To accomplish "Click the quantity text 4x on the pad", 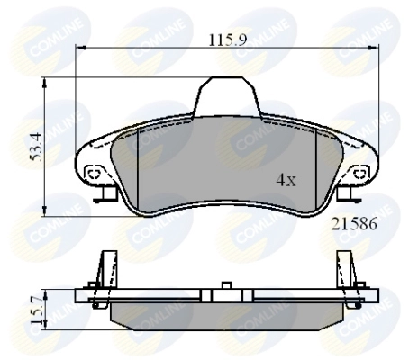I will click(286, 180).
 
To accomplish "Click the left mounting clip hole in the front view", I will click(92, 173).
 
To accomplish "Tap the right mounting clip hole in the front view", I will click(357, 171).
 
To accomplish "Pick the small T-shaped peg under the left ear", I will click(105, 193).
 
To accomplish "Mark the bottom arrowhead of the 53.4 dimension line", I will click(46, 209).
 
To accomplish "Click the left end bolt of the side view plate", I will click(93, 290).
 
